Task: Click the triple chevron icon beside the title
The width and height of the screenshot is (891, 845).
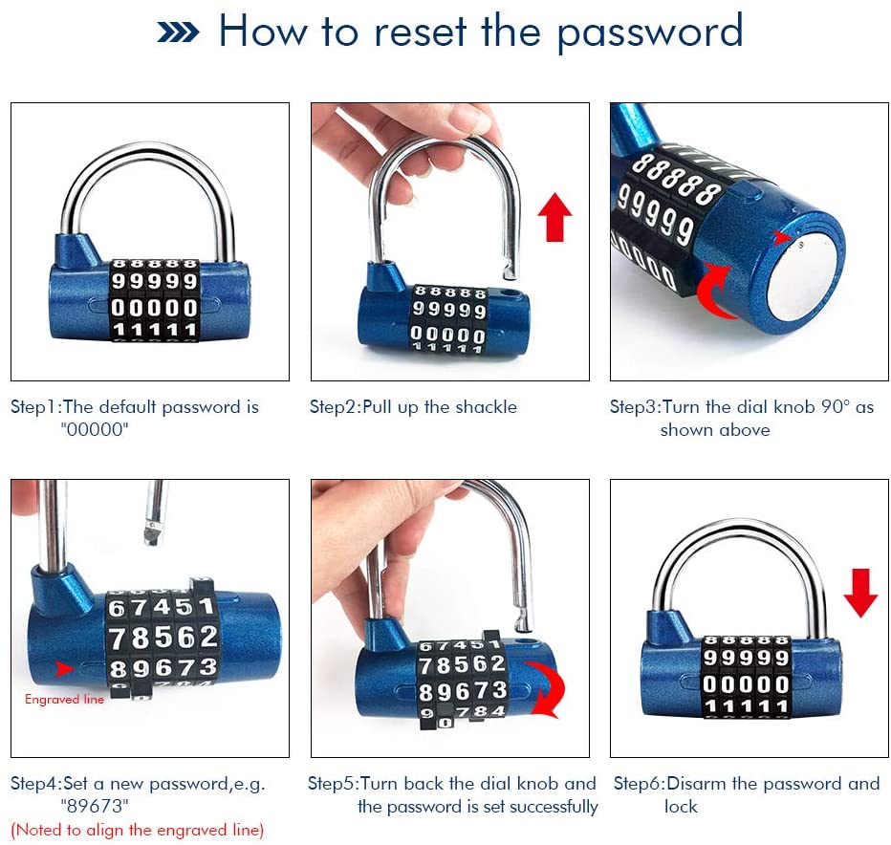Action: [178, 32]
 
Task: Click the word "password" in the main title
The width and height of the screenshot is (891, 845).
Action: [649, 32]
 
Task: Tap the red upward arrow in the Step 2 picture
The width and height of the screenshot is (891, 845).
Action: [554, 216]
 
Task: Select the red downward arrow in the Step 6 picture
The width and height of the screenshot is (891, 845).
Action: [860, 593]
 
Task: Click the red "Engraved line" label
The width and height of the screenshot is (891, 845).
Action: [64, 699]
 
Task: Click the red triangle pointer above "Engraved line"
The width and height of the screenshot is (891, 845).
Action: [64, 668]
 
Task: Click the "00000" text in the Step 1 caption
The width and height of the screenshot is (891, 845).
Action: [95, 429]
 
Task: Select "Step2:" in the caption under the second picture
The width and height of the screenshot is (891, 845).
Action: [336, 407]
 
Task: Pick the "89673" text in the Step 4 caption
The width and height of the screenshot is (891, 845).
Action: [95, 807]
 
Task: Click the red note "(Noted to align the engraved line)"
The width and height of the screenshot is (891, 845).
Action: [137, 831]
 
